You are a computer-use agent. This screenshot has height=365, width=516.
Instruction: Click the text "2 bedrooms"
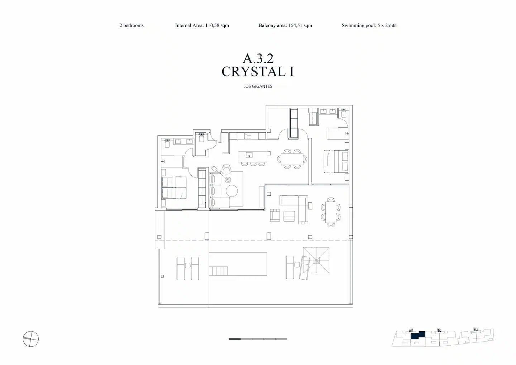(x=131, y=25)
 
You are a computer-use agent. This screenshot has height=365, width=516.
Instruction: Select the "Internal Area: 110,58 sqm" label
(x=202, y=25)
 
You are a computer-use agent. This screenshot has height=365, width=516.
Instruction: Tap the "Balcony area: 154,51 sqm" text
(x=285, y=25)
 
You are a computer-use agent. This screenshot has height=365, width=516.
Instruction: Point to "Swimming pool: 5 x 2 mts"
(x=369, y=25)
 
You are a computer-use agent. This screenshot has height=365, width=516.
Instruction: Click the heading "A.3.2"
(x=258, y=58)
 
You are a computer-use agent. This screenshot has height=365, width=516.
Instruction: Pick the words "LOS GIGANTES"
(x=258, y=86)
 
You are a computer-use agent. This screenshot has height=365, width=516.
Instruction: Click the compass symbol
(x=31, y=339)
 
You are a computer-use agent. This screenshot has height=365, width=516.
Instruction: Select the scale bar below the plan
(x=258, y=339)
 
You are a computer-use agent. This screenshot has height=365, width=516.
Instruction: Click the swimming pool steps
(x=218, y=271)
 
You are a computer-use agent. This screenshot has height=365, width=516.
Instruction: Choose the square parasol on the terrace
(x=316, y=260)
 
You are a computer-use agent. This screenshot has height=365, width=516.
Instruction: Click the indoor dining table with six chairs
(x=292, y=159)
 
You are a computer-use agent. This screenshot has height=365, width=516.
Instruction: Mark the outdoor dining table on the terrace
(x=331, y=212)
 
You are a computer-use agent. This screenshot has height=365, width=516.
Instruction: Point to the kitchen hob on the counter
(x=248, y=136)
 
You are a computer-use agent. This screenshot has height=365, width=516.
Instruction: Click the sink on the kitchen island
(x=249, y=155)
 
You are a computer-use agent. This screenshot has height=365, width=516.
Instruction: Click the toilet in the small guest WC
(x=201, y=138)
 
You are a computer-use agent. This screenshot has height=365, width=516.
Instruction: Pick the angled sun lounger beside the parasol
(x=305, y=268)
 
